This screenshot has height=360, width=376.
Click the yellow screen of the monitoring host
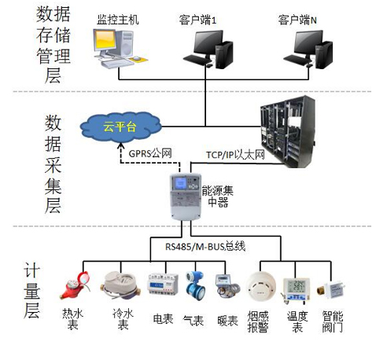[105, 40]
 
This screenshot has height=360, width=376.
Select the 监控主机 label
[118, 20]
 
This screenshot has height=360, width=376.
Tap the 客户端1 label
[197, 20]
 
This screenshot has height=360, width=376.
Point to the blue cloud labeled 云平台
[120, 127]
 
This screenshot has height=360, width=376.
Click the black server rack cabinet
[287, 131]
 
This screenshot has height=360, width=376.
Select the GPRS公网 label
[150, 153]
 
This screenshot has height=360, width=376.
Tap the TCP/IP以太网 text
[235, 155]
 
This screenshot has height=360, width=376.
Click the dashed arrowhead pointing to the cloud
[120, 145]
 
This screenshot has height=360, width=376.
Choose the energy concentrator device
[186, 197]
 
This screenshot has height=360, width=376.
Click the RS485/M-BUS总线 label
[205, 247]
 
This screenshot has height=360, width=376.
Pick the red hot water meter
[75, 285]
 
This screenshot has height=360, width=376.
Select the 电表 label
[163, 319]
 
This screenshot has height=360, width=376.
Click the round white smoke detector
[260, 287]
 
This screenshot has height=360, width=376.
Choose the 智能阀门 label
[333, 321]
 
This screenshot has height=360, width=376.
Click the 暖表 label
[227, 321]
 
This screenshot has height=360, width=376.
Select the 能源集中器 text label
[218, 197]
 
